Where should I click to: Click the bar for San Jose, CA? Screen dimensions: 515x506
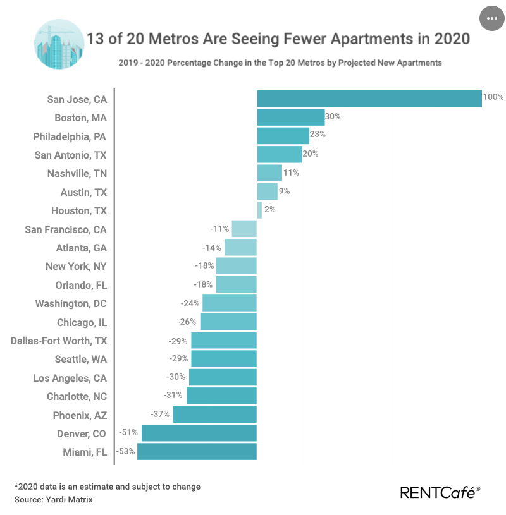(369, 99)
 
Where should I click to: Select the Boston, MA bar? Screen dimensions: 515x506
(291, 117)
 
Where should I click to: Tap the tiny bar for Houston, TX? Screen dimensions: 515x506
(259, 210)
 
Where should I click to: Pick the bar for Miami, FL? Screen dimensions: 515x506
(197, 452)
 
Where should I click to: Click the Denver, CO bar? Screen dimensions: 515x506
(199, 433)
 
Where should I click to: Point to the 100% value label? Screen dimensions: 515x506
(493, 97)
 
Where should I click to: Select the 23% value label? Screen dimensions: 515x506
(318, 135)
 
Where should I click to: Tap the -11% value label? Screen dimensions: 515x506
(219, 228)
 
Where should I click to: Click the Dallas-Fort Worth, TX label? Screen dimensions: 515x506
(59, 341)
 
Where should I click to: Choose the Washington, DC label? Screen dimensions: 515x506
(71, 303)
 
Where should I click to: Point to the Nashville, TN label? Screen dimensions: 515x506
(77, 173)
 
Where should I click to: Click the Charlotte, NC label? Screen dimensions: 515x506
(77, 396)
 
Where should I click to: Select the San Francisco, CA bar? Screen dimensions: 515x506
(244, 229)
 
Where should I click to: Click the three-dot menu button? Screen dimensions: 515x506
(491, 18)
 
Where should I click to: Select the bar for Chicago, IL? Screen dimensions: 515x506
(228, 322)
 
